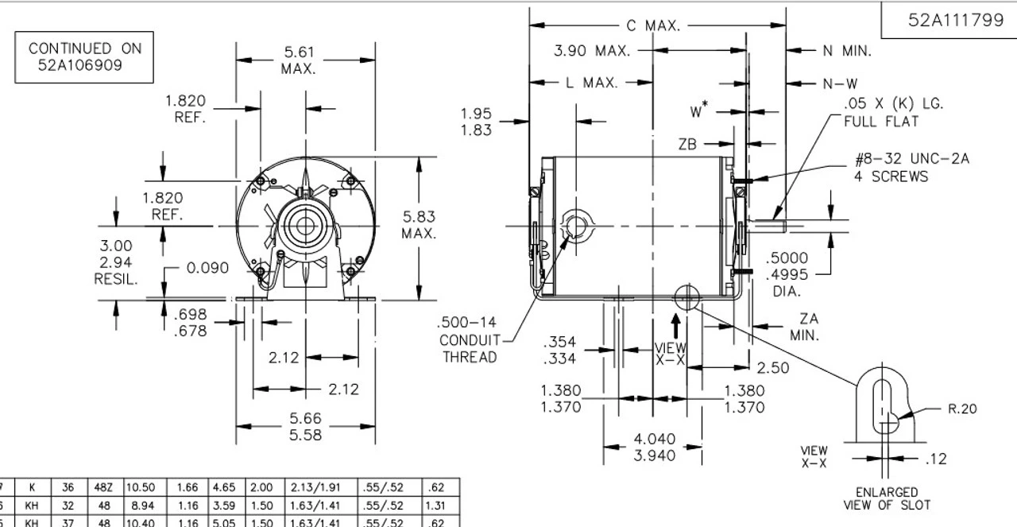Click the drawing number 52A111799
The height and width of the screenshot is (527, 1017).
coord(956,21)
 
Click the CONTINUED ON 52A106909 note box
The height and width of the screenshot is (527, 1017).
coord(85,57)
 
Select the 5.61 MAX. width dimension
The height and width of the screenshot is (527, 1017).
coord(299,60)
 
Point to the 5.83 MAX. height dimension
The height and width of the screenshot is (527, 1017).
coord(419,225)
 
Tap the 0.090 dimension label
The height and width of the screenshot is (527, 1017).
coord(207,268)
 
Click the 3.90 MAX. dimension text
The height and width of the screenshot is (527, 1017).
coord(592,51)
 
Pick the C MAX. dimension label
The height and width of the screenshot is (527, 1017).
coord(653,26)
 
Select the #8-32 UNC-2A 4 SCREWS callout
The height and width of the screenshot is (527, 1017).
coord(911,168)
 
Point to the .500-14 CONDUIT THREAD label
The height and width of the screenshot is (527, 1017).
coord(469,339)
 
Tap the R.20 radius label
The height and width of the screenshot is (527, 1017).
coord(961,409)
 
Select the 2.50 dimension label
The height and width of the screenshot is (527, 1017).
coord(772,368)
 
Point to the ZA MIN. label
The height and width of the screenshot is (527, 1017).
coord(805,327)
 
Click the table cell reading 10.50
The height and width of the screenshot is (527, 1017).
coord(139,487)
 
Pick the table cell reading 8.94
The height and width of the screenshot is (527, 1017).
coord(139,505)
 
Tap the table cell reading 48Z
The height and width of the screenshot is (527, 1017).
coord(104,487)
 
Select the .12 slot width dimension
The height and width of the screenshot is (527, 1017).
coord(935,459)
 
